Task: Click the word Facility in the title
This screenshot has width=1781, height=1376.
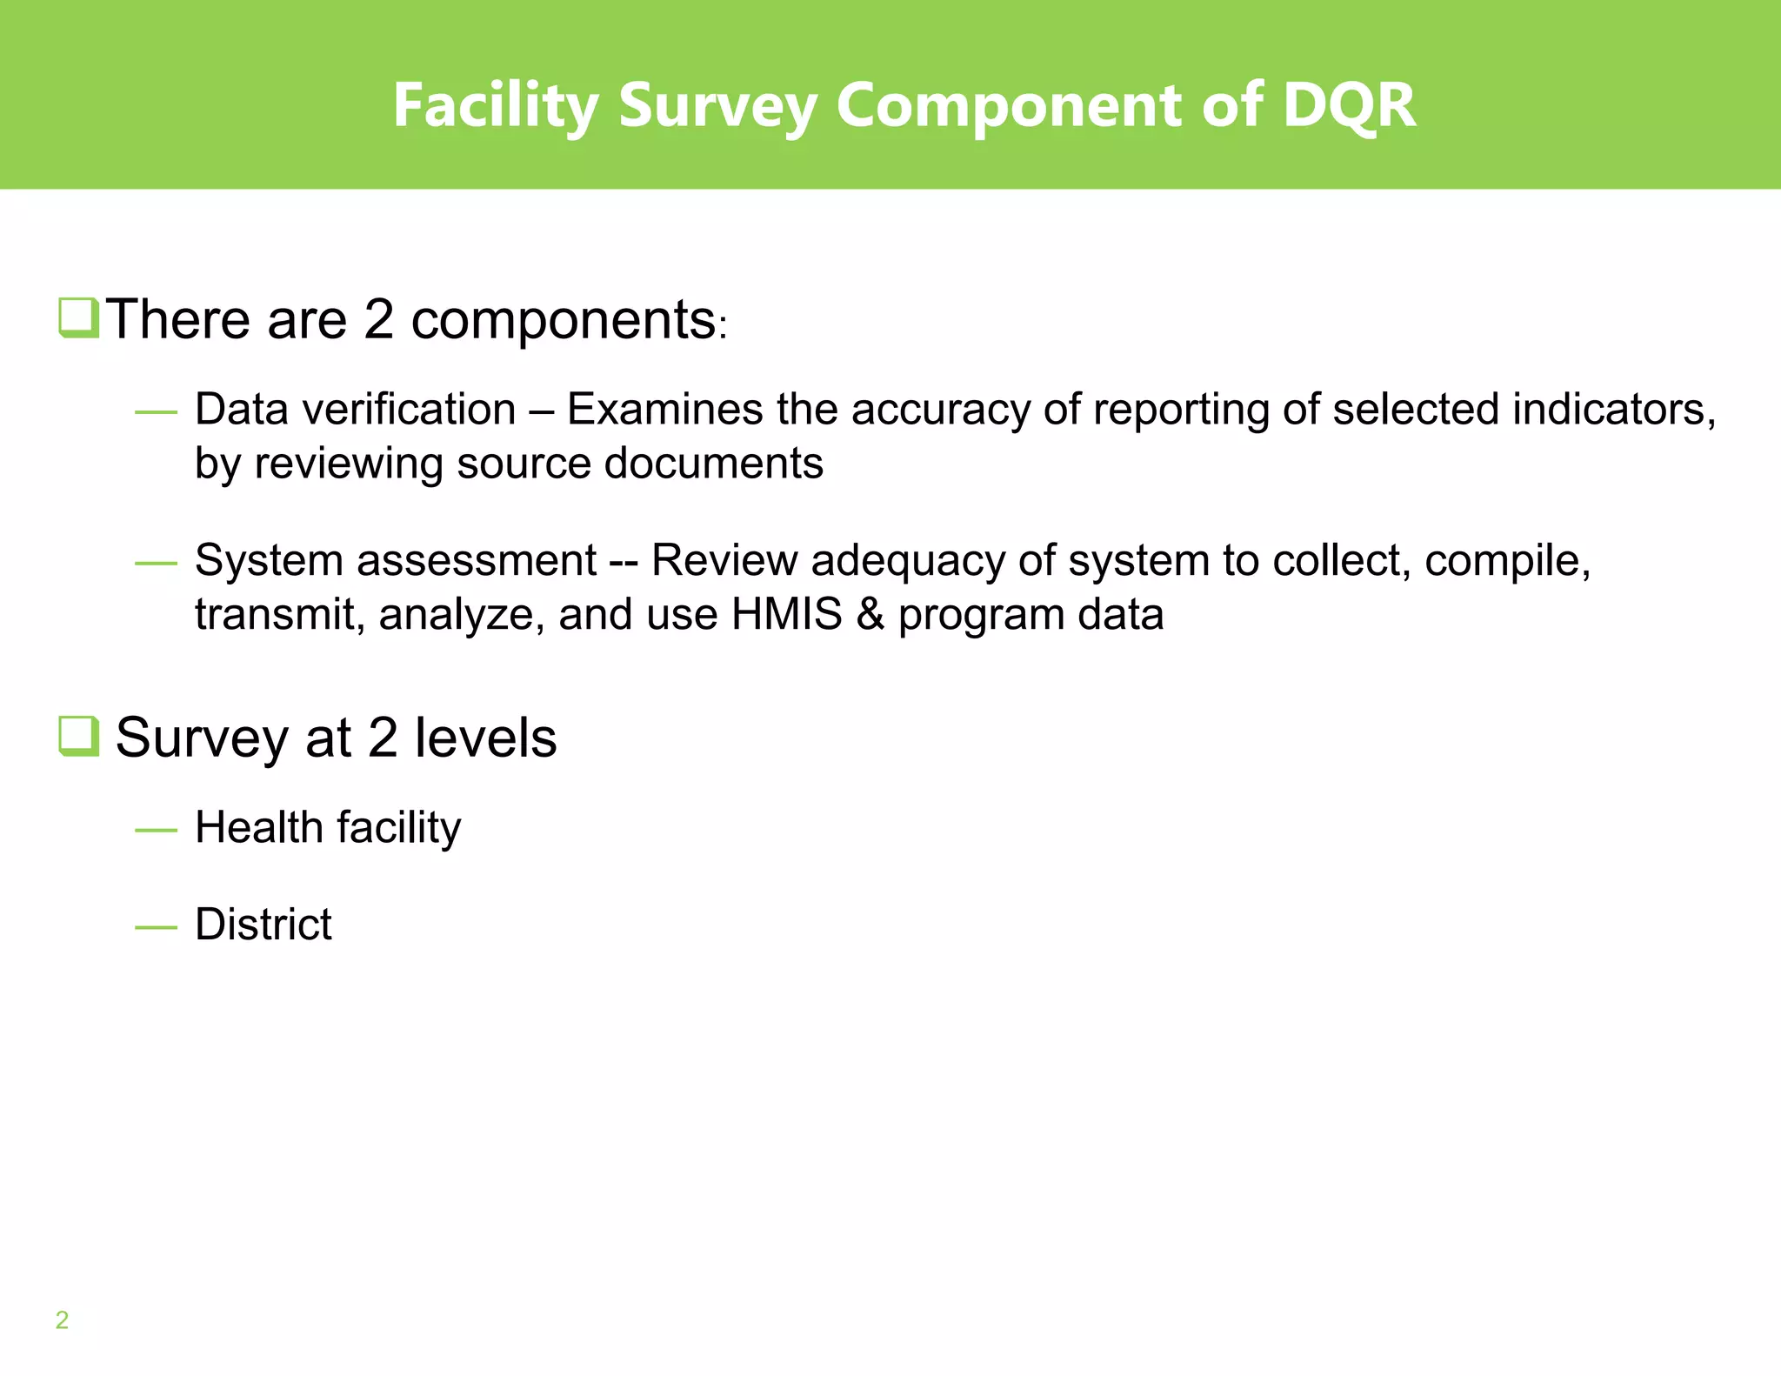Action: point(495,105)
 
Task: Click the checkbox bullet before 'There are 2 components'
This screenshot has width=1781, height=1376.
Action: point(78,317)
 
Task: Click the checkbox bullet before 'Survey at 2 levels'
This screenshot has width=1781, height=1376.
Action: point(78,736)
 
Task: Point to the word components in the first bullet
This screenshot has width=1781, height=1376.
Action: point(563,320)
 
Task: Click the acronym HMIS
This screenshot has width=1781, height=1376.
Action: point(786,615)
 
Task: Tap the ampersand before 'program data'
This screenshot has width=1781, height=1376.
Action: point(870,615)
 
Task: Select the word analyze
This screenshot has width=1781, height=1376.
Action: point(462,615)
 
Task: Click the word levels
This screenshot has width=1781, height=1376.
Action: point(485,738)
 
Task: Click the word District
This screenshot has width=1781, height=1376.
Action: point(263,925)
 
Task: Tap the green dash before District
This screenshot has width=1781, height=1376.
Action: point(157,928)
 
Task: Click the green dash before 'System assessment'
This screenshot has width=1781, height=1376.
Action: point(157,564)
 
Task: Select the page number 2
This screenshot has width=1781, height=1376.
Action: point(62,1320)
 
